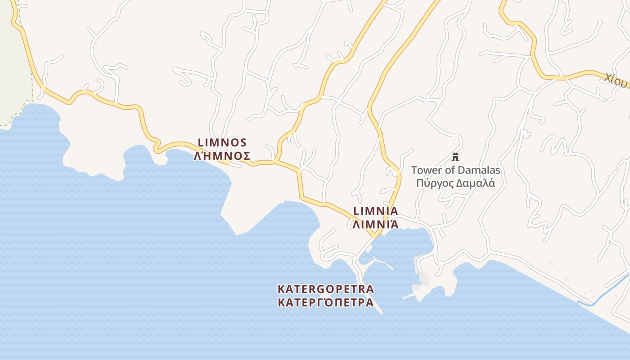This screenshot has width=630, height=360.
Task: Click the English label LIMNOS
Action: pos(222,143)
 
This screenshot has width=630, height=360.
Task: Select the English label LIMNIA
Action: pos(376,211)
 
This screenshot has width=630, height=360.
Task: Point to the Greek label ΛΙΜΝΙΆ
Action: pos(376,224)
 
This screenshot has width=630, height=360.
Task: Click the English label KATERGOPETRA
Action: pos(326,288)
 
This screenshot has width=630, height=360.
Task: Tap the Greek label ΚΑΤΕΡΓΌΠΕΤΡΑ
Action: pos(326,302)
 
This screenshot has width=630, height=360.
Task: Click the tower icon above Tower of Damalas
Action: pos(455,157)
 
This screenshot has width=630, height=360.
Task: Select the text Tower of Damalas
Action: pos(455,171)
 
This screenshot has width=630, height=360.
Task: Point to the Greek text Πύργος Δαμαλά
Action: pos(455,183)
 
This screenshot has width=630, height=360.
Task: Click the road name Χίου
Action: pos(615,80)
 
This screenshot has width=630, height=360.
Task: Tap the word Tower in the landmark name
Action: pos(426,171)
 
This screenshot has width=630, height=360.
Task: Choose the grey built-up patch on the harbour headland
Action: pos(423,280)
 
